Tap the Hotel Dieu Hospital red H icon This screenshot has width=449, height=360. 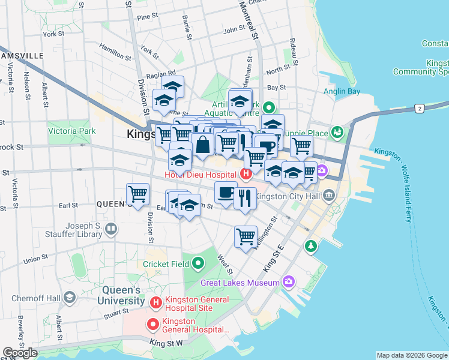point(245,175)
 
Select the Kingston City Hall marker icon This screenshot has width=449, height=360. point(329,196)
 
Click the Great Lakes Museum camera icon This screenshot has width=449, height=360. point(289,281)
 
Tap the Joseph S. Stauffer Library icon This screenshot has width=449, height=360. point(110,229)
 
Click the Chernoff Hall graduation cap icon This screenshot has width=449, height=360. point(70,298)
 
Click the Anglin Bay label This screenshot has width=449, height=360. point(341,92)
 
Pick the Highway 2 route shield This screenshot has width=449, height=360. point(419,108)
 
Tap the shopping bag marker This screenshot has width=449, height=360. point(203,145)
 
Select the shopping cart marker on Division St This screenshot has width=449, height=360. point(138,195)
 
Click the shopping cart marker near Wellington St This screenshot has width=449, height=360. point(246,236)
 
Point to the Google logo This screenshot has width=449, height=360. point(20,352)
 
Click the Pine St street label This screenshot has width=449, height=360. point(147,17)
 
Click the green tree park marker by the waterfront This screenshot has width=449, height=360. point(310,245)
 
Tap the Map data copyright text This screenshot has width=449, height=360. point(411,355)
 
